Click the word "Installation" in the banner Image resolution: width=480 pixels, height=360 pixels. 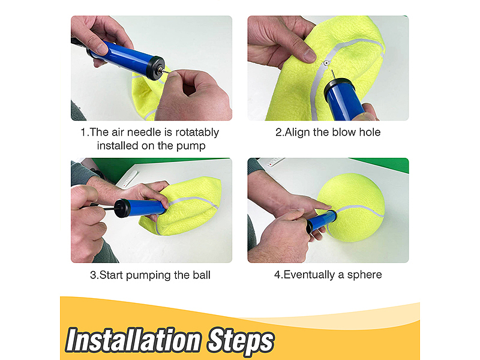tap(133, 340)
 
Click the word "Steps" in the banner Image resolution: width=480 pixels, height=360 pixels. tap(241, 341)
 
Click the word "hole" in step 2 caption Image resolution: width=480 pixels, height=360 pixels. tap(370, 132)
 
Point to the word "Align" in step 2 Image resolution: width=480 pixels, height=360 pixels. tap(297, 133)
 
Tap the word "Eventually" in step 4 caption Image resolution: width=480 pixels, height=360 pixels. tap(309, 275)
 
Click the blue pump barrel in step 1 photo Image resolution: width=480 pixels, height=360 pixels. tap(125, 57)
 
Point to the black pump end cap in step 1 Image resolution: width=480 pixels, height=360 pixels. tap(155, 68)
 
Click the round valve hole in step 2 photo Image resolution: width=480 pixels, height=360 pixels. tap(326, 64)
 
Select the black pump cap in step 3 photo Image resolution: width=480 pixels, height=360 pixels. tap(122, 208)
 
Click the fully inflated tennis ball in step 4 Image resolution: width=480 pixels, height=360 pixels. tap(350, 208)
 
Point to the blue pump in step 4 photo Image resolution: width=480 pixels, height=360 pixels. tap(322, 221)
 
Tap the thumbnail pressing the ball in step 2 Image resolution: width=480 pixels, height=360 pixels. tap(309, 56)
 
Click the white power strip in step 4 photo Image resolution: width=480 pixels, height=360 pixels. tap(274, 162)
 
